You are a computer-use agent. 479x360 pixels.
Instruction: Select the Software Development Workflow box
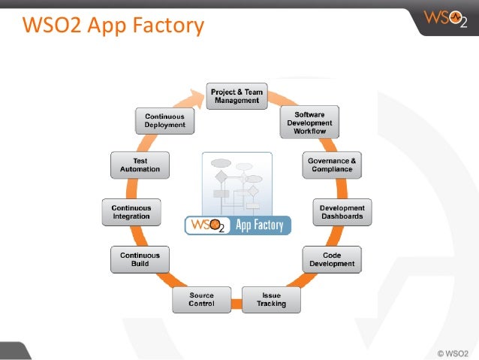310,123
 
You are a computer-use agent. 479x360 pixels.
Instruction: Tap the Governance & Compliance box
332,165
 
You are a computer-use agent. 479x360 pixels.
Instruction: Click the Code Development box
333,260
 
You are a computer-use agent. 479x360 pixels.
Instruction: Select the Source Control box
201,299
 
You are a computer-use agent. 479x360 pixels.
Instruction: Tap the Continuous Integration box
131,212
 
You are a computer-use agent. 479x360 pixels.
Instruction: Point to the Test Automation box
140,165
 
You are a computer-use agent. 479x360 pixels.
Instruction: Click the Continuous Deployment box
165,121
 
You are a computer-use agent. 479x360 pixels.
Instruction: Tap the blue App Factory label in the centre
260,225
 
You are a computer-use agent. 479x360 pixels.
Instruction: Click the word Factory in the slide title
169,26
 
